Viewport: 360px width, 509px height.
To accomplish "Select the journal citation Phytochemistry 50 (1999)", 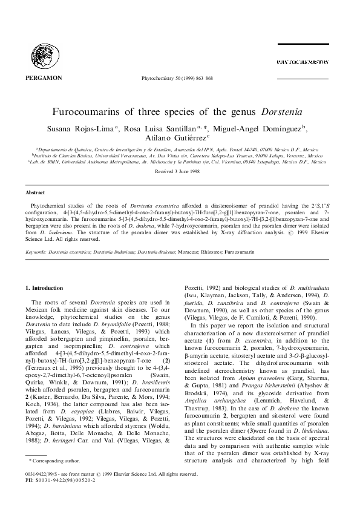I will [x=180, y=79].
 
